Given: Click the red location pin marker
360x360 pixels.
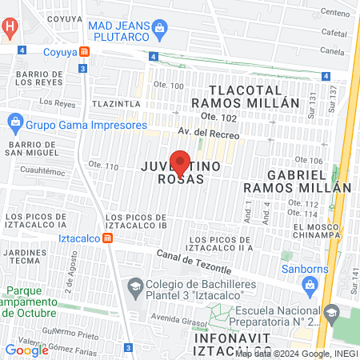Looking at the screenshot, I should tap(180, 162).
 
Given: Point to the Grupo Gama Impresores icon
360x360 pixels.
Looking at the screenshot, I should tap(14, 124).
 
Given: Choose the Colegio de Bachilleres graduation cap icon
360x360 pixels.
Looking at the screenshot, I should tap(136, 286).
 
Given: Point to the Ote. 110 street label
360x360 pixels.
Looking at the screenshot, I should tap(104, 166).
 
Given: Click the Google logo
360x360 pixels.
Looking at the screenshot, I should tap(26, 349).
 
